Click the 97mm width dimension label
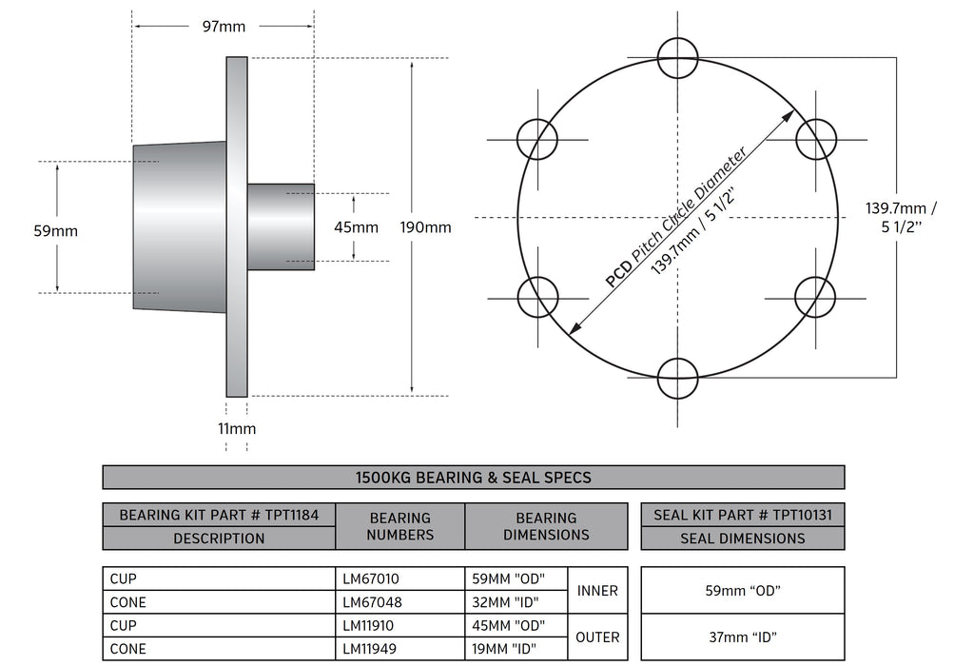point(224,27)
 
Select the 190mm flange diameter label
point(432,227)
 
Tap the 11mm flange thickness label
point(237,429)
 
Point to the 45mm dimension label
point(357,227)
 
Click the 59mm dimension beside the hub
point(55,230)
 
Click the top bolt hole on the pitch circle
point(678,57)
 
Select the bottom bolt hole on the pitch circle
point(678,378)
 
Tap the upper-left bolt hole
point(537,139)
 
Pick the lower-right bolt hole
point(815,297)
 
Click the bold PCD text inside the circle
point(616,275)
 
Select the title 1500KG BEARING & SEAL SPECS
point(473,478)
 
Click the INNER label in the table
point(597,591)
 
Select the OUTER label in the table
point(597,637)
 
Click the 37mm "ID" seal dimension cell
point(742,637)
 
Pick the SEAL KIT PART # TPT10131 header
point(742,515)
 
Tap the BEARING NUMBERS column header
point(399,526)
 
